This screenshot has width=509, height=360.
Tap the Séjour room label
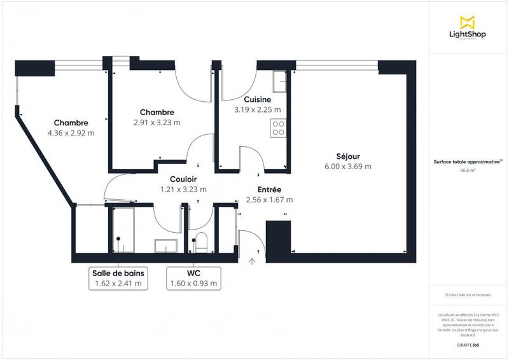pyautogui.click(x=348, y=156)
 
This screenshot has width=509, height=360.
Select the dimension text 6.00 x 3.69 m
pyautogui.click(x=348, y=167)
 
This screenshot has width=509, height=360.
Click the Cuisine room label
pyautogui.click(x=258, y=99)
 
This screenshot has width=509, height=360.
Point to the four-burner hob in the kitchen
pyautogui.click(x=278, y=128)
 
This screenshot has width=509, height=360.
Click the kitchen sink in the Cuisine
pyautogui.click(x=279, y=81)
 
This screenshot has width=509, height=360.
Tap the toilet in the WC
pyautogui.click(x=201, y=242)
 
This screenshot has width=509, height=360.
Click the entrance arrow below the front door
pyautogui.click(x=252, y=260)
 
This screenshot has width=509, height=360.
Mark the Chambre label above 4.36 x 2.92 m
pyautogui.click(x=71, y=123)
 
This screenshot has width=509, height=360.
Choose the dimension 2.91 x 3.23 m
pyautogui.click(x=157, y=123)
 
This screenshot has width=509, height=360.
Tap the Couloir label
pyautogui.click(x=183, y=179)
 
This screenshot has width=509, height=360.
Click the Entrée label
pyautogui.click(x=269, y=190)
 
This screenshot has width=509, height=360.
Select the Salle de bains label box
pyautogui.click(x=118, y=278)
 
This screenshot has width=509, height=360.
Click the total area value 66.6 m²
pyautogui.click(x=468, y=170)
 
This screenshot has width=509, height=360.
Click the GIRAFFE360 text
pyautogui.click(x=468, y=344)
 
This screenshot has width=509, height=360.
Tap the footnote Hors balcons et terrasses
pyautogui.click(x=468, y=296)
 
